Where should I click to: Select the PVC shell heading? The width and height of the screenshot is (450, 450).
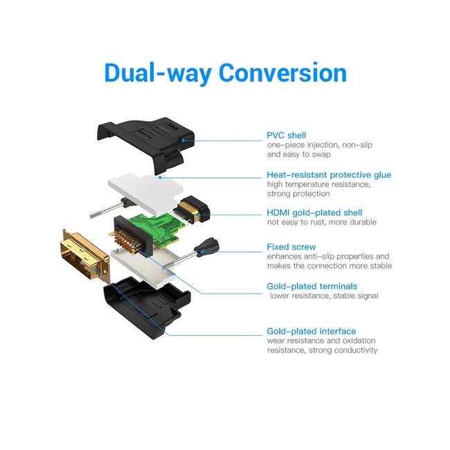point(287,135)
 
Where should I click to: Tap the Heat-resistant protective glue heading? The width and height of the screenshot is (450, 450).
point(329,174)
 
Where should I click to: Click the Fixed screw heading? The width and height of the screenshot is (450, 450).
point(291,247)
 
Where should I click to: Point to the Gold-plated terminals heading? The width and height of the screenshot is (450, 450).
point(312,286)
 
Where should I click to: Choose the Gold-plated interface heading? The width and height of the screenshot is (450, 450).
point(312,331)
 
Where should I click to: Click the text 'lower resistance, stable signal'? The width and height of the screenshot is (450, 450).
point(324,296)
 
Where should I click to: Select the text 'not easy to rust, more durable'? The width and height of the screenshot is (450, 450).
point(322,222)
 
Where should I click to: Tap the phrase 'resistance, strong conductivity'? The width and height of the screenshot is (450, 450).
point(322,350)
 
